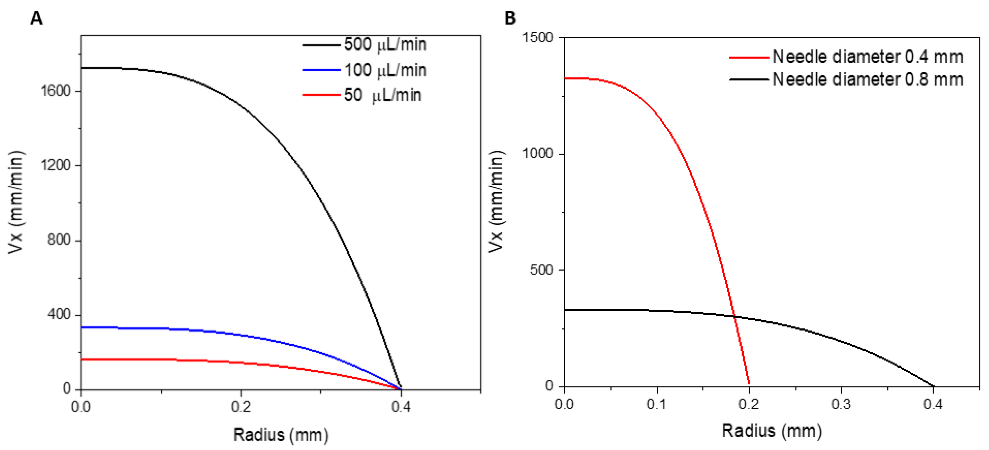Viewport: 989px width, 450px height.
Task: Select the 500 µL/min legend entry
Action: coord(385,45)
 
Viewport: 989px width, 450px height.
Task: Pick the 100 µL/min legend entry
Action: coord(385,70)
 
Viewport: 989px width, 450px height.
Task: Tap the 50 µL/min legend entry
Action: coord(382,95)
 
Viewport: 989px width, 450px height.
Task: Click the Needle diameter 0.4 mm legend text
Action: coord(867,57)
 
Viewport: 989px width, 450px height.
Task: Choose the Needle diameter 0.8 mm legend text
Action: coord(867,80)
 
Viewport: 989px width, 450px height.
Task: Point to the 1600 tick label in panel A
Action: coord(56,91)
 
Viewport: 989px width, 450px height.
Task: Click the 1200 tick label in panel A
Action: coord(56,165)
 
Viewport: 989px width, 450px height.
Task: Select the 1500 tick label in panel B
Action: coord(537,37)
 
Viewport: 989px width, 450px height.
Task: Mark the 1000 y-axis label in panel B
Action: coord(537,154)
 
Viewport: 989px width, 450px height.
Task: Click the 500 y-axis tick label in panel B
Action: coord(541,270)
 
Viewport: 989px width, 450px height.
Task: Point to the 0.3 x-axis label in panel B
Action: coord(841,404)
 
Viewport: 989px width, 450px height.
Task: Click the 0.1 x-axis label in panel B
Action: coord(656,404)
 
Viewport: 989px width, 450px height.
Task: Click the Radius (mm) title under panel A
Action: coord(281,435)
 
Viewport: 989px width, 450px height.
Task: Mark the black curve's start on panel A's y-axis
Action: coord(81,68)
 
